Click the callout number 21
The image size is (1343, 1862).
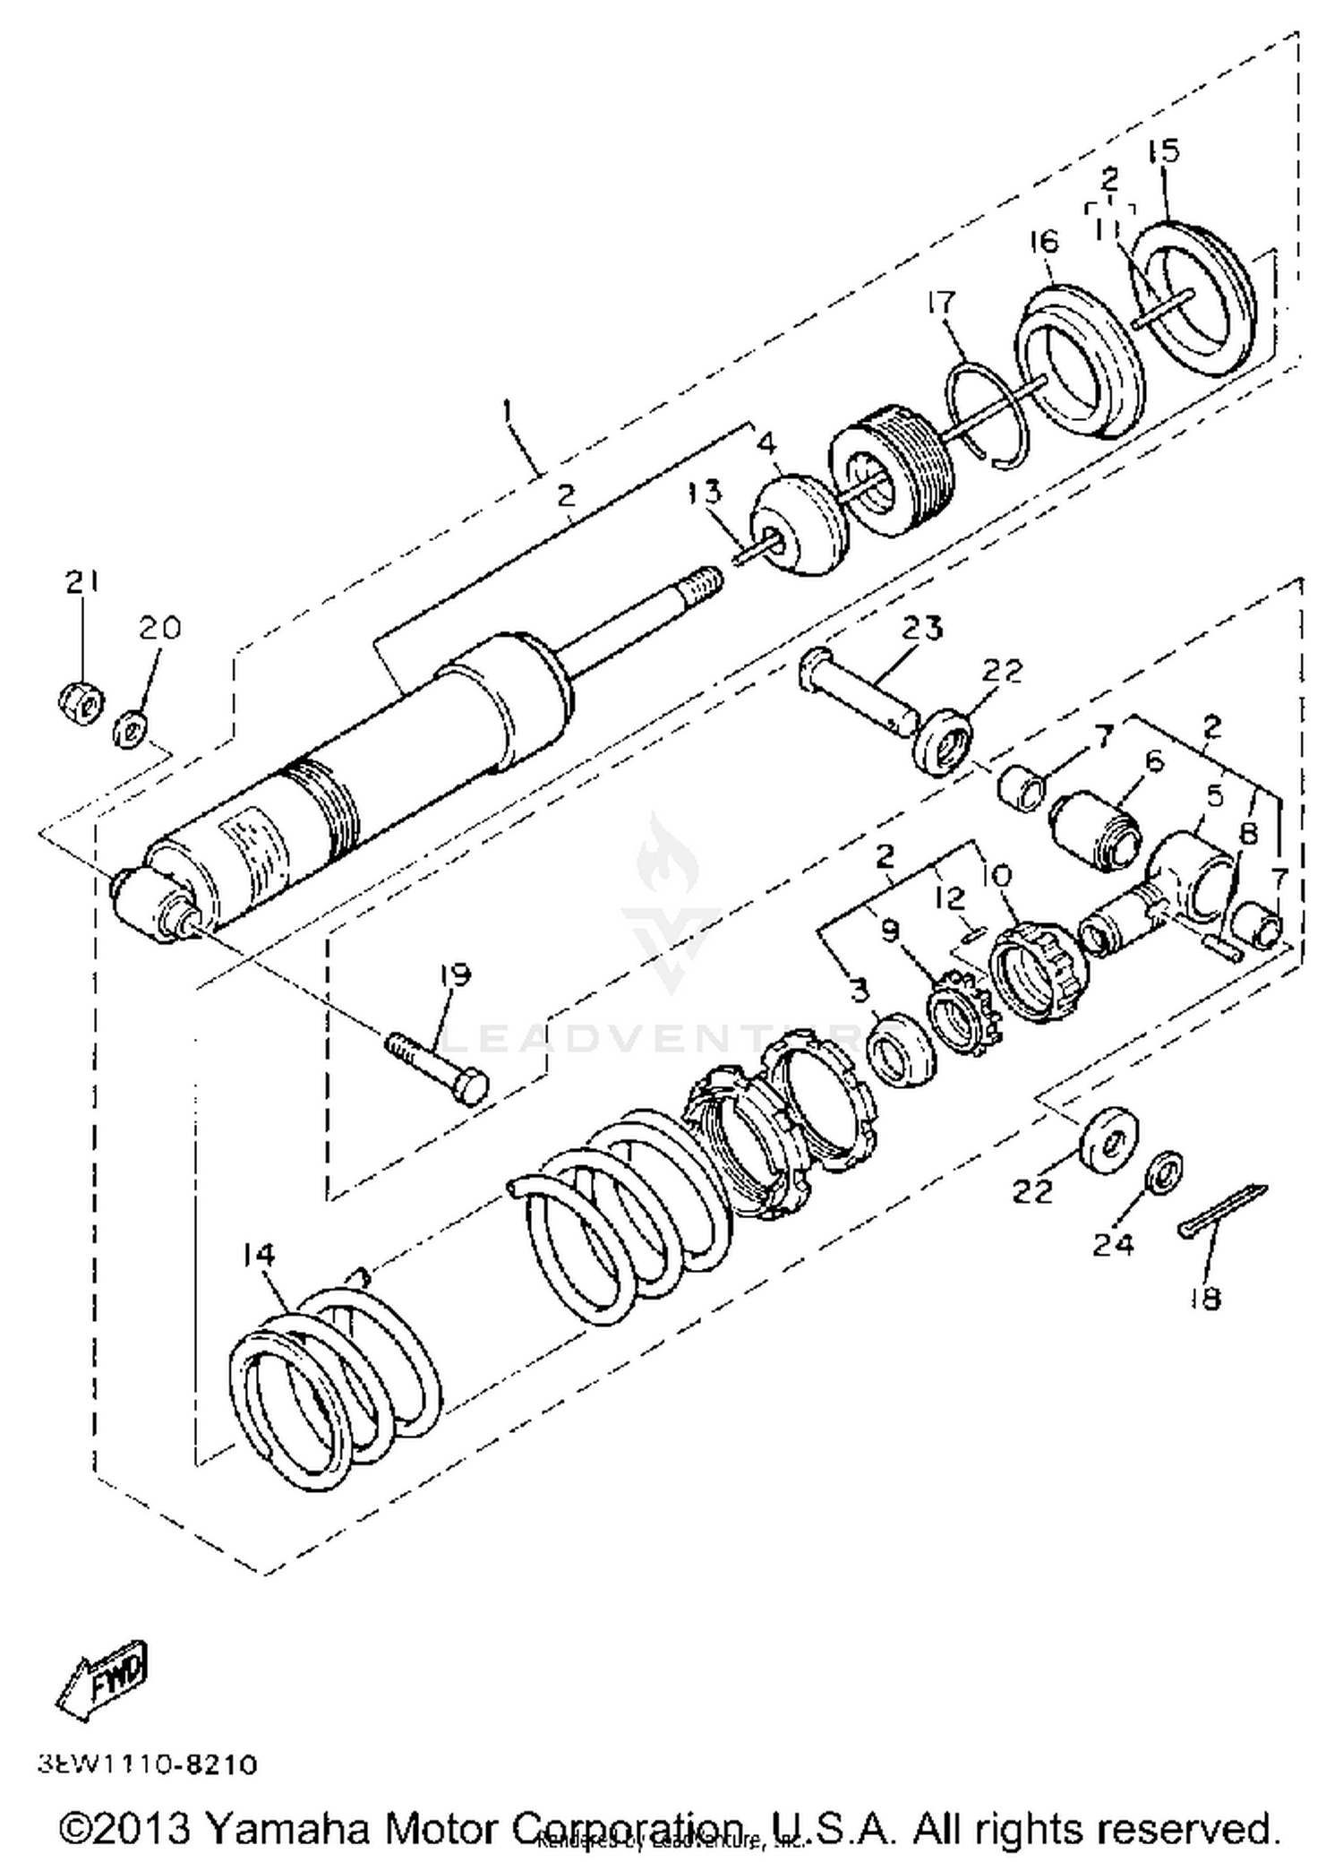81,583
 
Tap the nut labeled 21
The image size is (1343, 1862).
81,703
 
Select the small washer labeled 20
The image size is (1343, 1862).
130,726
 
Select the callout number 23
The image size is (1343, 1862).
921,628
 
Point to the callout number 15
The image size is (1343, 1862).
1164,150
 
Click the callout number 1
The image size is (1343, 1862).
509,412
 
